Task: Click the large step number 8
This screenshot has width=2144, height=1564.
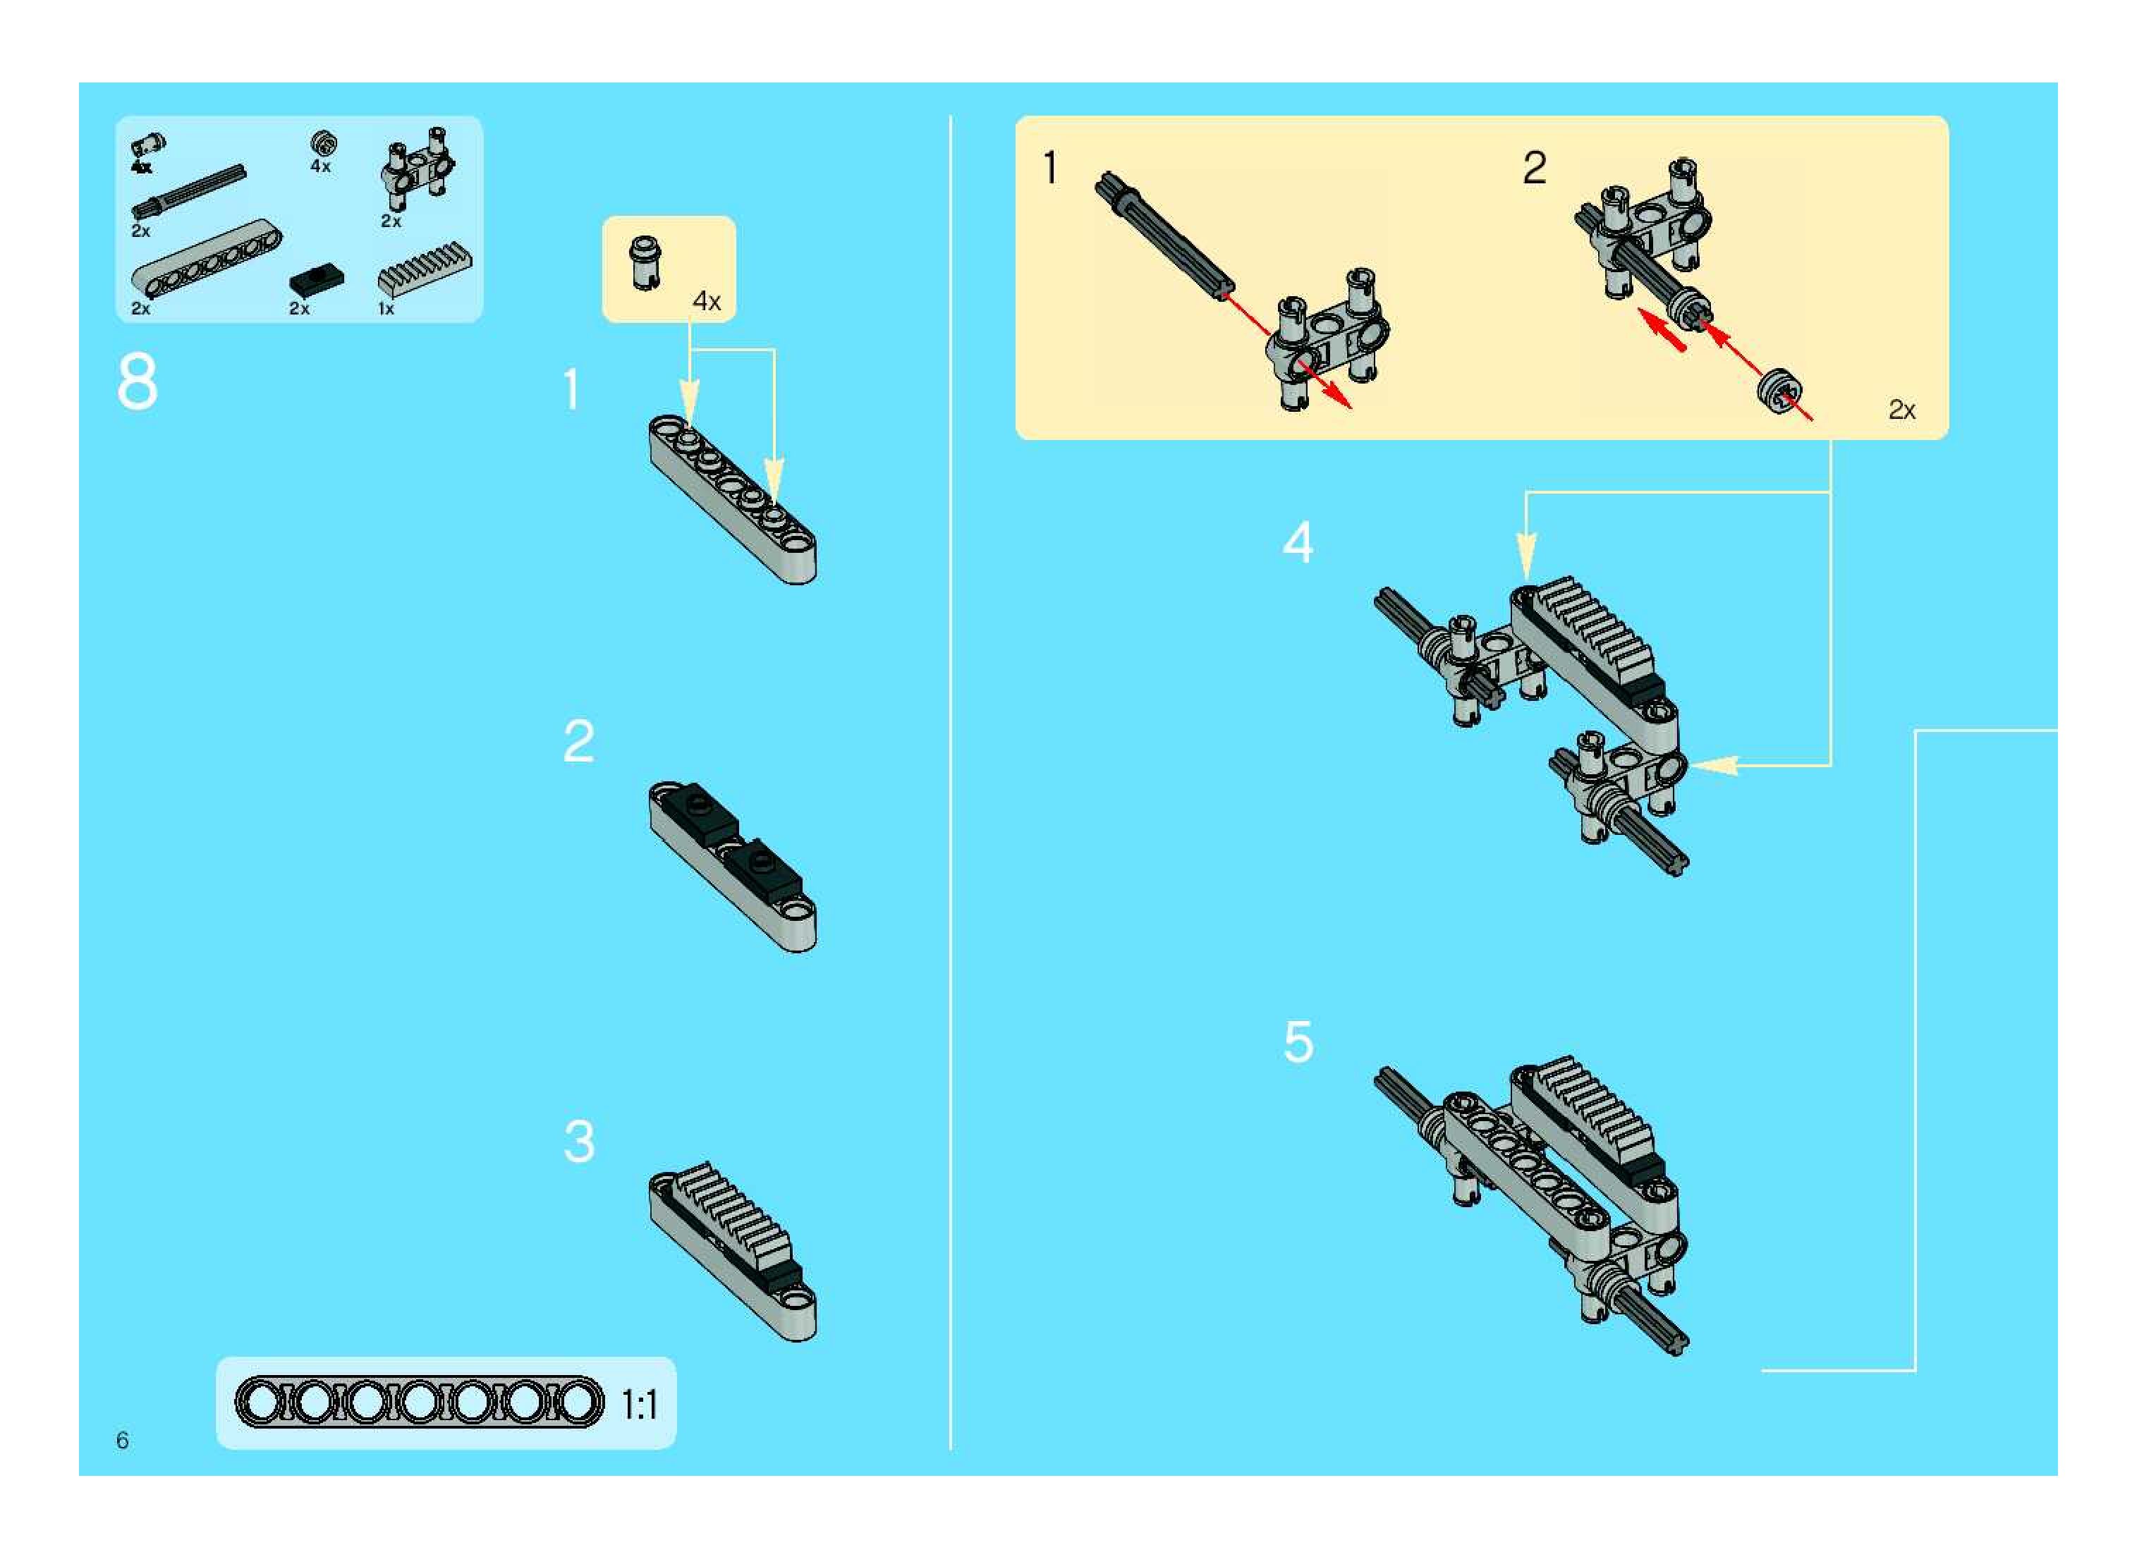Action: (138, 382)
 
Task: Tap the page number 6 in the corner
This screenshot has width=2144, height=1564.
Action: (122, 1440)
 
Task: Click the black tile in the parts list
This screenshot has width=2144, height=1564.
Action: (317, 280)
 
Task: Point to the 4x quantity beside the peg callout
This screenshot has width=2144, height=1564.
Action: (707, 301)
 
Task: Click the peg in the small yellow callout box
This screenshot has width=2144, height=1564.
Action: (646, 262)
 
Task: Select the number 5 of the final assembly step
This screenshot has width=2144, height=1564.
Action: (1298, 1042)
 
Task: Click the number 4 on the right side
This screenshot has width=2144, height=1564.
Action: (1298, 542)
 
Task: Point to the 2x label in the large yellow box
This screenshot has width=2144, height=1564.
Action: (1901, 410)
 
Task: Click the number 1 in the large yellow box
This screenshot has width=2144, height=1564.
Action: (1049, 168)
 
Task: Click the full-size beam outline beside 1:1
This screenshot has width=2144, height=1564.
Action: (418, 1402)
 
